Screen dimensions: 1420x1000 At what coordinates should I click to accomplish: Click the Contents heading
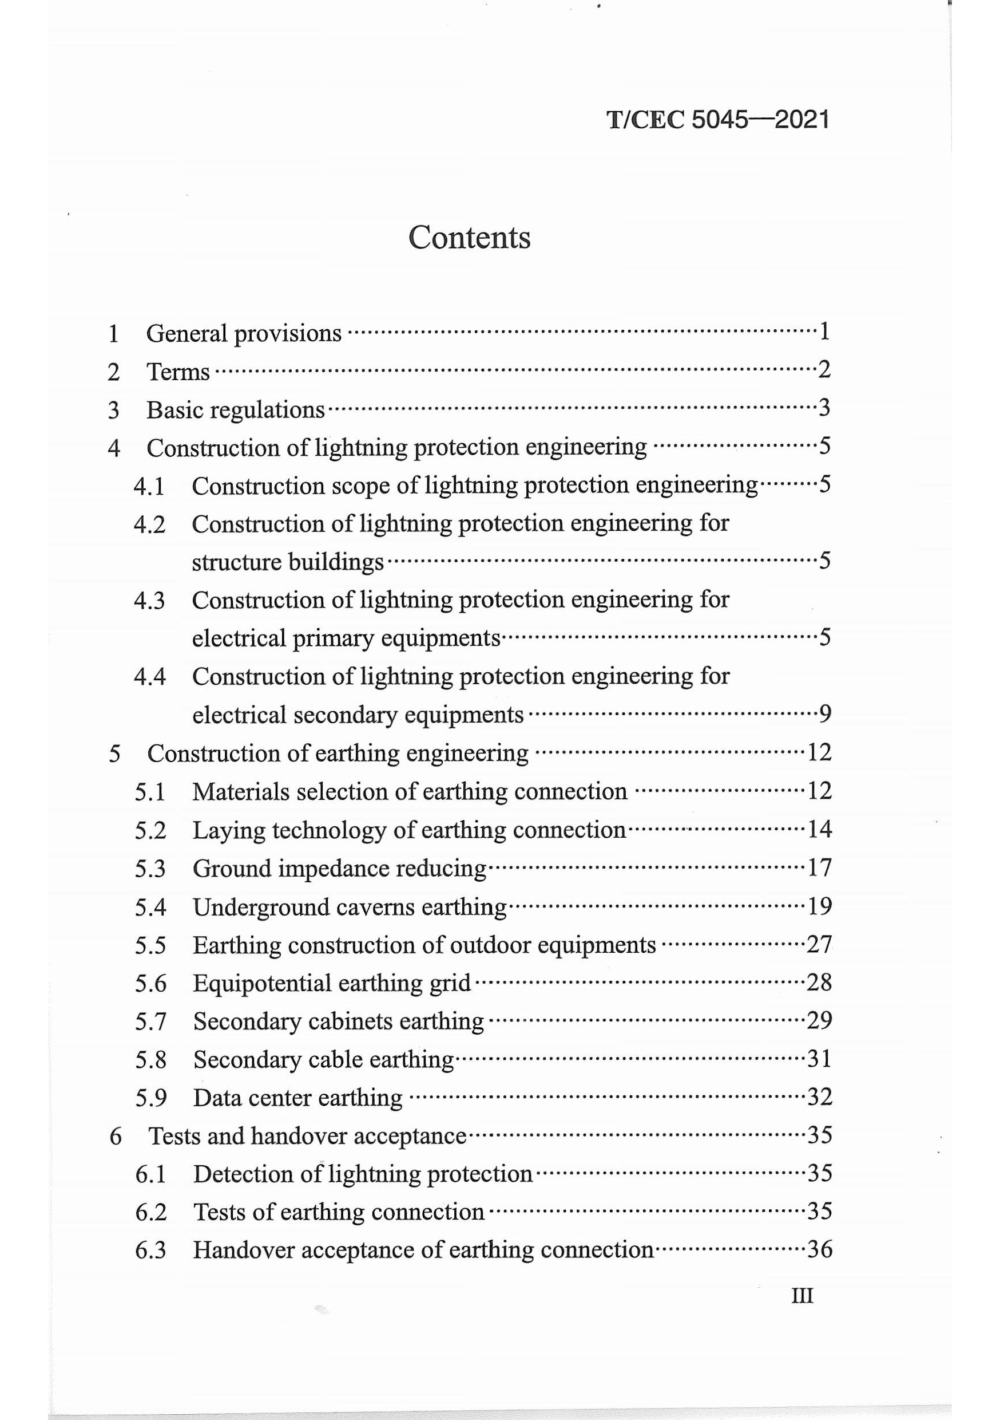pyautogui.click(x=469, y=238)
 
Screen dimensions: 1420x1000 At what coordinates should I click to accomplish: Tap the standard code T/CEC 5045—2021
pyautogui.click(x=717, y=119)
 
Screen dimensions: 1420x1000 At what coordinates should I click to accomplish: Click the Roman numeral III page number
pyautogui.click(x=801, y=1295)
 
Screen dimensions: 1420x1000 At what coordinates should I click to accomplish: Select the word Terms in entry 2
pyautogui.click(x=178, y=372)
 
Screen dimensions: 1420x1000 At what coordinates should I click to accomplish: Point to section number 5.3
pyautogui.click(x=150, y=869)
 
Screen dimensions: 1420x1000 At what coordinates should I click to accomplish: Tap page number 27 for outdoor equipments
pyautogui.click(x=820, y=944)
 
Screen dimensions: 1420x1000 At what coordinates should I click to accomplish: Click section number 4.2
pyautogui.click(x=149, y=524)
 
